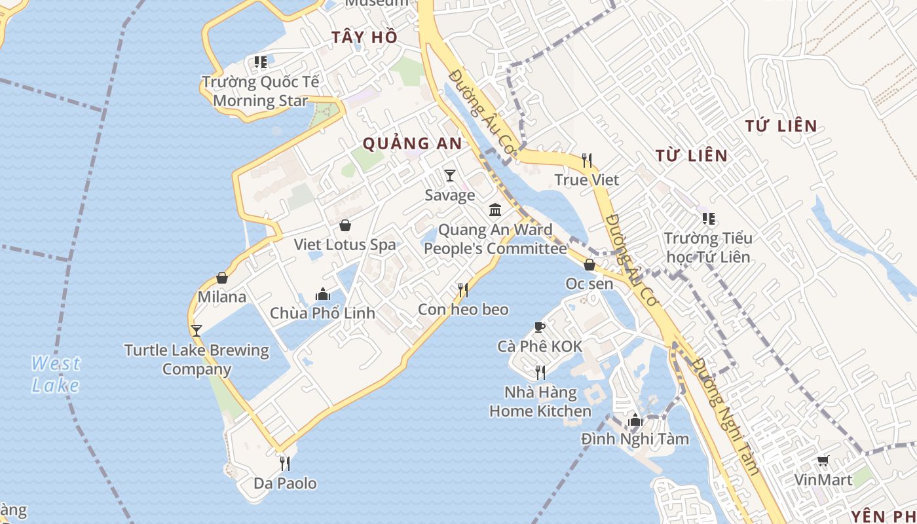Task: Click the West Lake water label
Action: pyautogui.click(x=56, y=374)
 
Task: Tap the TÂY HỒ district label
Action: pyautogui.click(x=364, y=37)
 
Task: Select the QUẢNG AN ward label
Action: pyautogui.click(x=412, y=143)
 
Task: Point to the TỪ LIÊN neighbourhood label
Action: pyautogui.click(x=692, y=155)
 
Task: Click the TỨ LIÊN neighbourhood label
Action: pyautogui.click(x=781, y=126)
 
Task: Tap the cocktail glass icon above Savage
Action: pyautogui.click(x=450, y=176)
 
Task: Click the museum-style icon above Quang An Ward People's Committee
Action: pyautogui.click(x=495, y=210)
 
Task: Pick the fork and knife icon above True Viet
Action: pyautogui.click(x=587, y=160)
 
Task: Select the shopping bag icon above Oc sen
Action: pyautogui.click(x=589, y=265)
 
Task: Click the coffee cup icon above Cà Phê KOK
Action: pyautogui.click(x=540, y=327)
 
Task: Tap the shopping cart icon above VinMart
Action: pyautogui.click(x=823, y=461)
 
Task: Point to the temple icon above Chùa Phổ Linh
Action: pyautogui.click(x=323, y=294)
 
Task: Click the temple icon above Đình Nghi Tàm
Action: pyautogui.click(x=635, y=420)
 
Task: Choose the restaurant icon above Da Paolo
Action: pyautogui.click(x=285, y=464)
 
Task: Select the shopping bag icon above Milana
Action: pyautogui.click(x=222, y=278)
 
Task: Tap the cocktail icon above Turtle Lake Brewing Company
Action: pyautogui.click(x=196, y=331)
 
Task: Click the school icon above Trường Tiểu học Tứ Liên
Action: pyautogui.click(x=708, y=219)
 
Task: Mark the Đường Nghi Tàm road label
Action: pyautogui.click(x=727, y=416)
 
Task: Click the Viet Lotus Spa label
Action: pyautogui.click(x=345, y=245)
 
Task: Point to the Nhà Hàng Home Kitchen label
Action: pyautogui.click(x=540, y=402)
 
